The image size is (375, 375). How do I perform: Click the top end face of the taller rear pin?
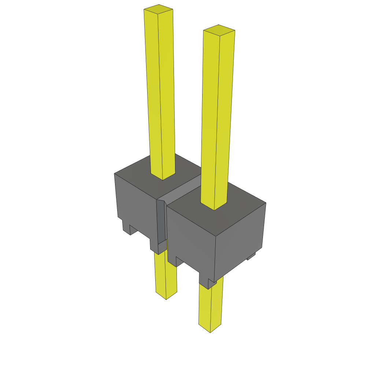[x=158, y=10]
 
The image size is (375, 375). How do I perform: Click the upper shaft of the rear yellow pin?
[x=160, y=92]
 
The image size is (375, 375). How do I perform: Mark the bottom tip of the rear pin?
[x=166, y=297]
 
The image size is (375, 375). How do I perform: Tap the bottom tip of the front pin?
[x=210, y=330]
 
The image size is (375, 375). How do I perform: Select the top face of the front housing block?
[x=234, y=212]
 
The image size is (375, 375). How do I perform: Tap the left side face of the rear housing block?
[x=135, y=205]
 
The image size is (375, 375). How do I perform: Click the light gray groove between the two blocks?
[x=183, y=190]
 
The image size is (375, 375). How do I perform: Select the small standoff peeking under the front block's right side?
[x=251, y=257]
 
